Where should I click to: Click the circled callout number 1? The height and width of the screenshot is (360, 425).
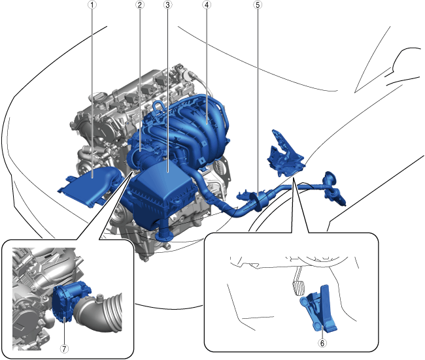coord(92,5)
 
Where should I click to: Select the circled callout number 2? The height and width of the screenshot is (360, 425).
coord(140,5)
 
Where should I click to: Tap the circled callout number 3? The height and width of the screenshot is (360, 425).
coord(168,5)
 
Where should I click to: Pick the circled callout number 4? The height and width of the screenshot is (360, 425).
coord(207,5)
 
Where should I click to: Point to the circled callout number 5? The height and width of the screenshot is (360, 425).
coord(258,5)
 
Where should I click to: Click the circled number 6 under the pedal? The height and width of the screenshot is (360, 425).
coord(322,343)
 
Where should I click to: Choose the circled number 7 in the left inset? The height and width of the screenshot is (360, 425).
coord(64,349)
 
